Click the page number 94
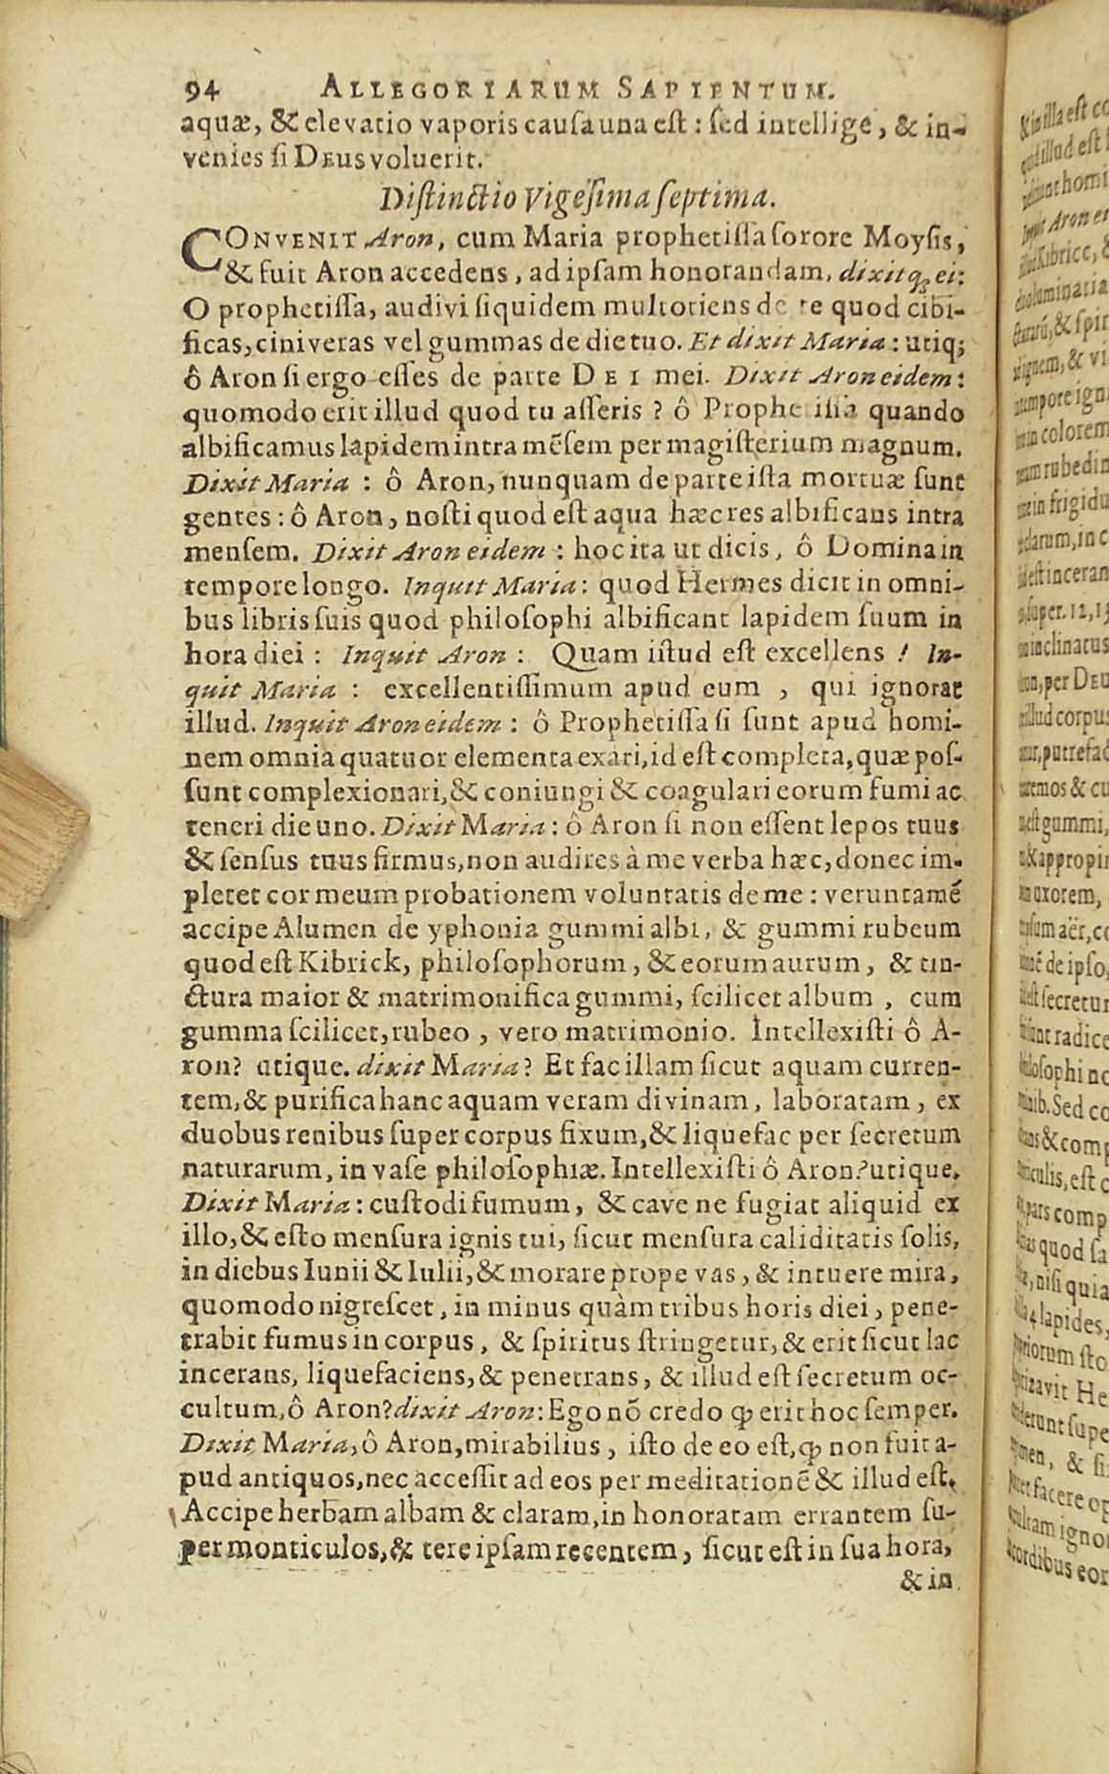(x=202, y=90)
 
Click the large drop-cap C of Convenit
(x=198, y=251)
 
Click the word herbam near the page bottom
(x=353, y=1515)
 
